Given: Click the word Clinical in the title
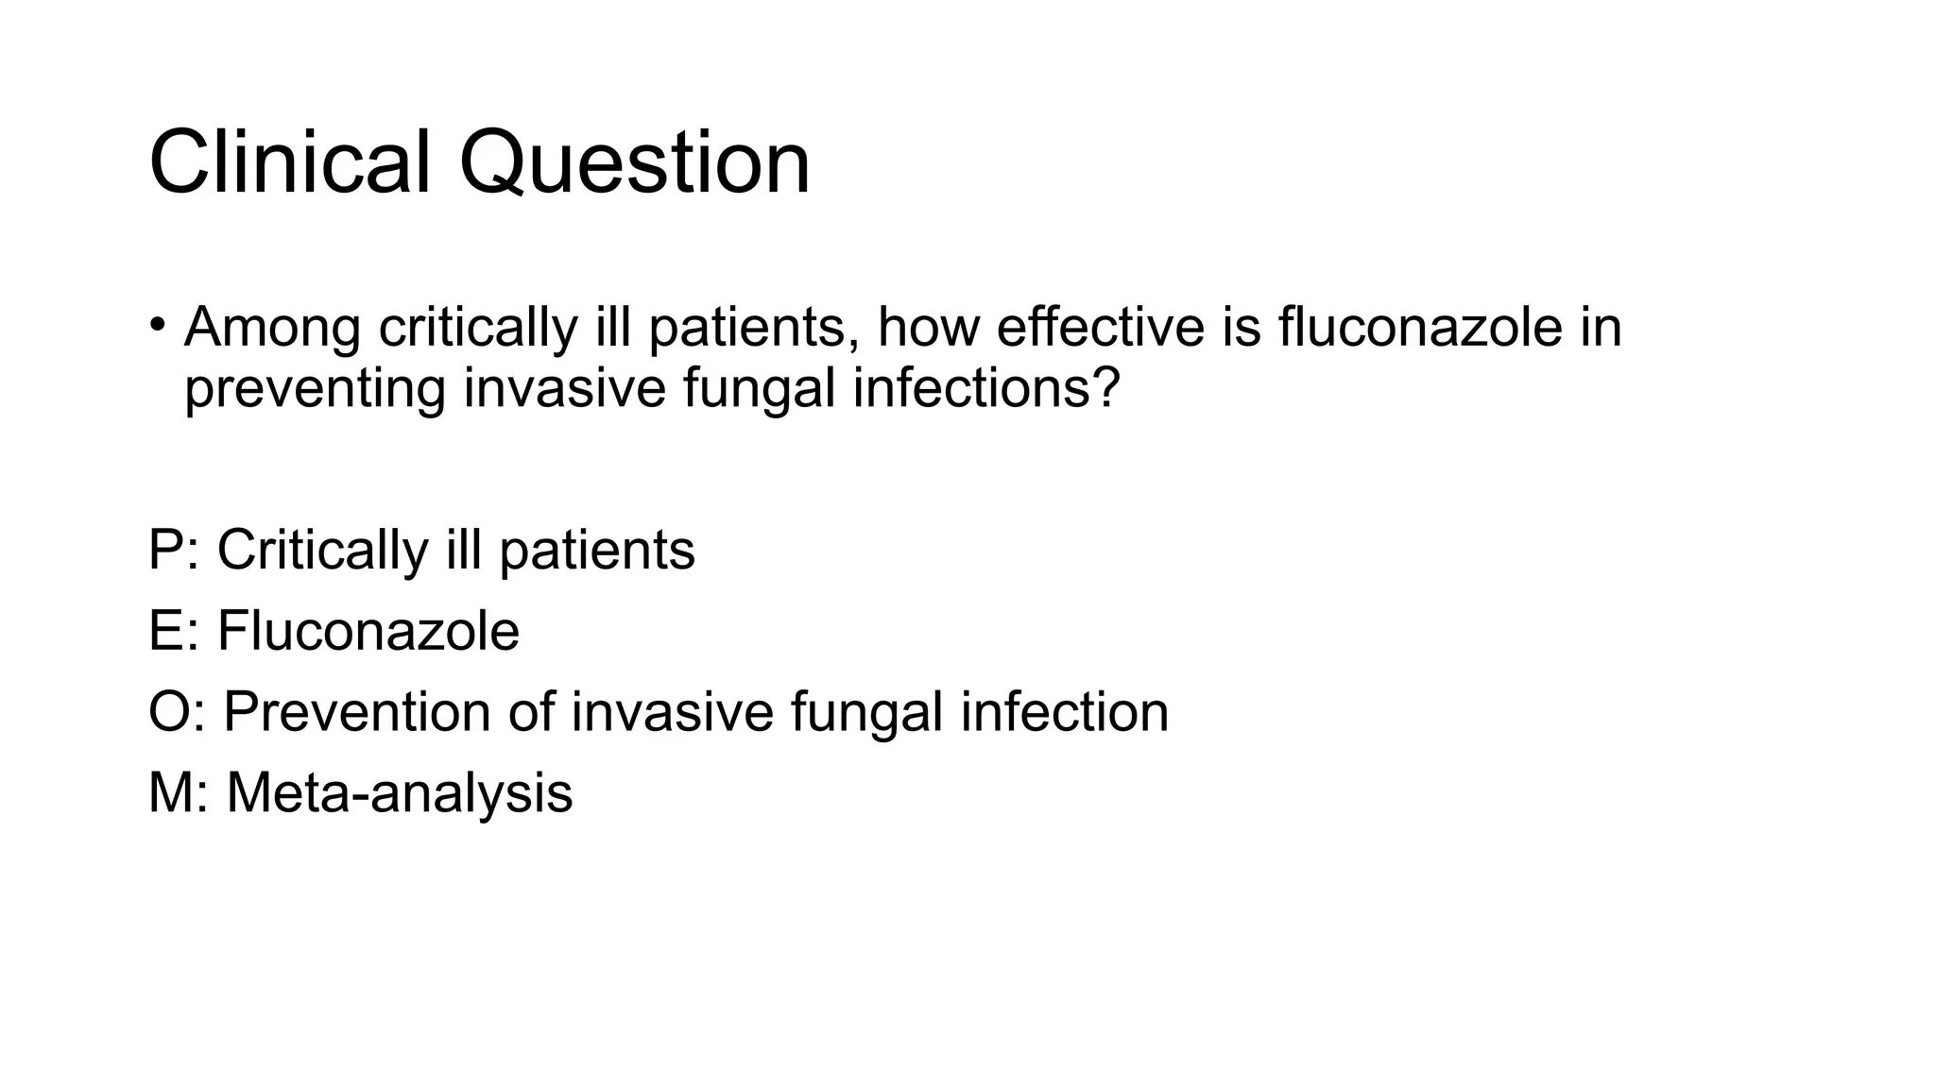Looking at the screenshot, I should click(289, 162).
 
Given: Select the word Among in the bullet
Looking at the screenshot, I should click(272, 328).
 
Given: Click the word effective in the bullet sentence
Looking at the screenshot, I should click(1101, 328).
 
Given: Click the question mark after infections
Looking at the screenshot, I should click(1107, 387).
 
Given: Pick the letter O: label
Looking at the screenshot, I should click(176, 711).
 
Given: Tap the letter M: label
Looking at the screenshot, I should click(178, 791).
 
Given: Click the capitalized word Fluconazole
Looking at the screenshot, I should click(368, 631).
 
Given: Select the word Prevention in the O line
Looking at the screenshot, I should click(356, 711).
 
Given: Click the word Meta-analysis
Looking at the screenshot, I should click(400, 791).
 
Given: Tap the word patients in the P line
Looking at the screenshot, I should click(597, 550).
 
